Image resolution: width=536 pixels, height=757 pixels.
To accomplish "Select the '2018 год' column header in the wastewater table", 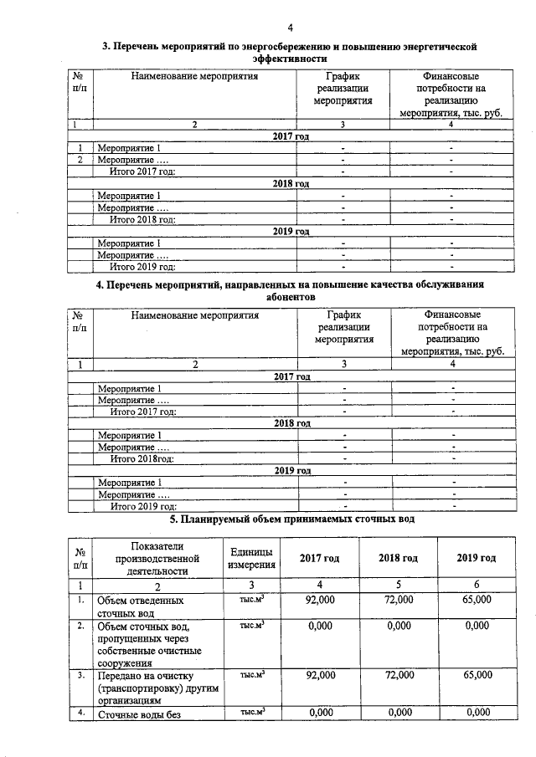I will pos(398,558).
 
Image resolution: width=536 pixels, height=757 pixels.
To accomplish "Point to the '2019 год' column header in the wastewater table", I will pos(476,558).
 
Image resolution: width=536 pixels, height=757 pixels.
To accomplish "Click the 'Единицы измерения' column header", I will pos(249,558).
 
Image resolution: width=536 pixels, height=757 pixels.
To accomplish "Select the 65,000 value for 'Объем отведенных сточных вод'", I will pos(476,600).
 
